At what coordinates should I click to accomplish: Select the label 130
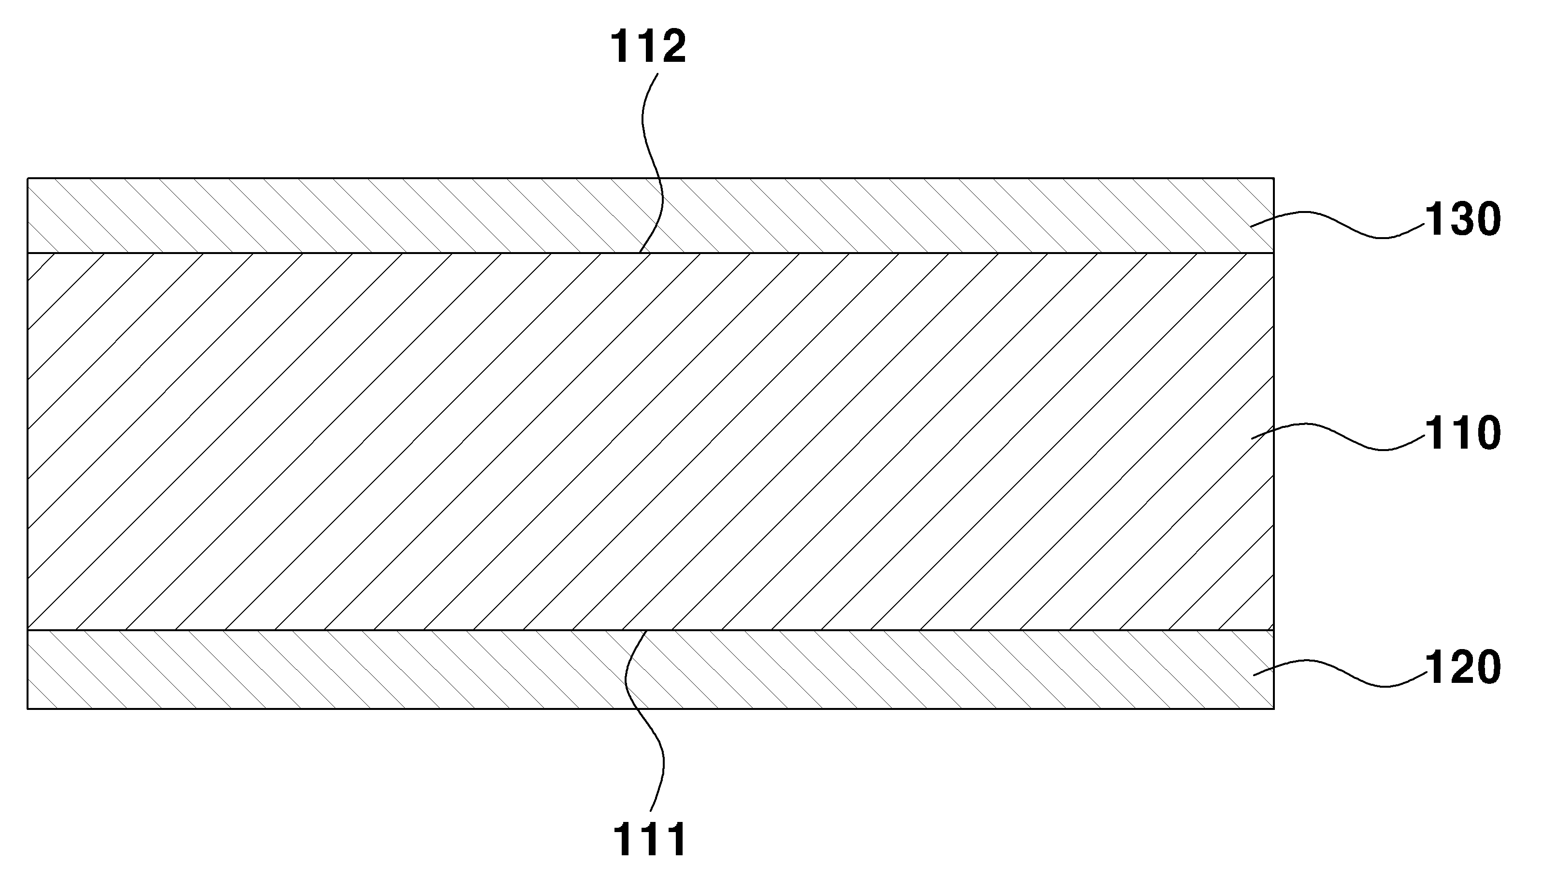pos(1462,220)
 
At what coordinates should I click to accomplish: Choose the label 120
pos(1462,667)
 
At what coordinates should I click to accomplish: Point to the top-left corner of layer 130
pos(28,178)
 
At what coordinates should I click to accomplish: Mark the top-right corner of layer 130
pos(1273,178)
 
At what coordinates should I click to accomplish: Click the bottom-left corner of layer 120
pos(28,708)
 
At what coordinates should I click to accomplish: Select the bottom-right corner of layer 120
pos(1273,708)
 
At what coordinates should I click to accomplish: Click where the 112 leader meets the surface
pos(639,253)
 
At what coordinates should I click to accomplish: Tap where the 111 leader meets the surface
pos(646,631)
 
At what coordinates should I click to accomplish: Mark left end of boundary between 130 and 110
pos(28,253)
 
